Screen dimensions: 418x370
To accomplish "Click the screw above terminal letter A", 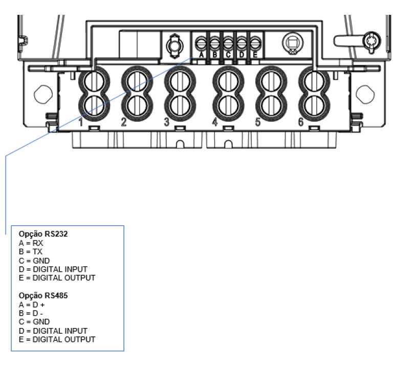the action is coord(201,43).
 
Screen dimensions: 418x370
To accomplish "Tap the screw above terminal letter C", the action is coord(228,43).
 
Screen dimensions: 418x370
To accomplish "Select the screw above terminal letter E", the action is coord(255,43).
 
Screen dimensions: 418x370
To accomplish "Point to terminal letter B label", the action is coord(214,55).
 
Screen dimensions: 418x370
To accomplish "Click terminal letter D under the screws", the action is coord(241,55).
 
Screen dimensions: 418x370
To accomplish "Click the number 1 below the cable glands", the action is coord(81,122).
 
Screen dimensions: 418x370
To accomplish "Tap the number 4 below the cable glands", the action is coord(215,122).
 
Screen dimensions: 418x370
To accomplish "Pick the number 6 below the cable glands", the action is coord(301,122).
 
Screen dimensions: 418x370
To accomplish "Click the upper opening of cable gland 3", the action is coord(180,82).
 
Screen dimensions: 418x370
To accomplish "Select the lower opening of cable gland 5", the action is coord(271,105).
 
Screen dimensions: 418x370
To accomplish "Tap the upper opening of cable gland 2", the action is coord(137,82).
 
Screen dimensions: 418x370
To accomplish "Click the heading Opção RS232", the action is coord(43,234).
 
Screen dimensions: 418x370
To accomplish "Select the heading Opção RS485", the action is coord(43,296).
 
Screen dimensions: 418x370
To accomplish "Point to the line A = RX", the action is coord(31,243).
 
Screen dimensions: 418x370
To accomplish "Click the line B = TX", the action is coord(31,252).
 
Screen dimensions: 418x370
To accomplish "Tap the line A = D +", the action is coord(32,304).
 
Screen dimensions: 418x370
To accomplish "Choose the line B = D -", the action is coord(31,313).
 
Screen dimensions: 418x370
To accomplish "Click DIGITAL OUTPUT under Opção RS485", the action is coord(64,340).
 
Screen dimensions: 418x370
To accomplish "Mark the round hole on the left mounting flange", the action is coord(43,94).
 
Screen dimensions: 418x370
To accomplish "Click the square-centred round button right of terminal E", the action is coord(293,43).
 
